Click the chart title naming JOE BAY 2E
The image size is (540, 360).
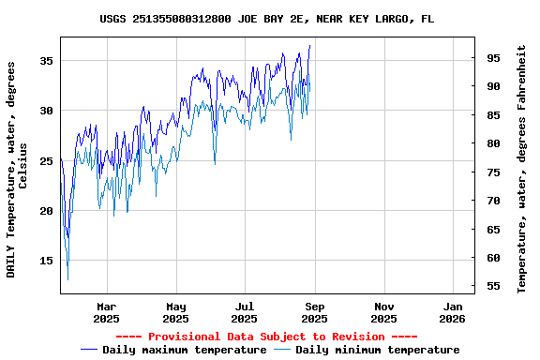pyautogui.click(x=267, y=19)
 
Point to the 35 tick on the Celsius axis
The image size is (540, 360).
pyautogui.click(x=47, y=60)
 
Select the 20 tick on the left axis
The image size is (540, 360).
pyautogui.click(x=47, y=211)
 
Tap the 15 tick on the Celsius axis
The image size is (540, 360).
pyautogui.click(x=47, y=261)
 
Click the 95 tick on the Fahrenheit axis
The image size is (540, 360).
pyautogui.click(x=492, y=58)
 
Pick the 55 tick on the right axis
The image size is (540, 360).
pyautogui.click(x=492, y=286)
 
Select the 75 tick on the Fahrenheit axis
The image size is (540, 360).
pyautogui.click(x=492, y=172)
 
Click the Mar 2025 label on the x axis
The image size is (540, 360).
pyautogui.click(x=107, y=312)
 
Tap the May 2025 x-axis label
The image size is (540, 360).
pyautogui.click(x=176, y=312)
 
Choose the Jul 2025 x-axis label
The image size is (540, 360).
pyautogui.click(x=245, y=312)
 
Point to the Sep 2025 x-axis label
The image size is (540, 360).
pyautogui.click(x=315, y=312)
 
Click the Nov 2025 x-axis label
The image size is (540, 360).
pyautogui.click(x=383, y=312)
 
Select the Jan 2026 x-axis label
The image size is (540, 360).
pyautogui.click(x=453, y=312)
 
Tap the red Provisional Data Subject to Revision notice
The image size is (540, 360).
pyautogui.click(x=267, y=337)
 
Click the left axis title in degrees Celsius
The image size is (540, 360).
pyautogui.click(x=17, y=169)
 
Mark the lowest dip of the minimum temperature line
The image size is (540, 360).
pyautogui.click(x=67, y=279)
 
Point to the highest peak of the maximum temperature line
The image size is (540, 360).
pyautogui.click(x=309, y=45)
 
